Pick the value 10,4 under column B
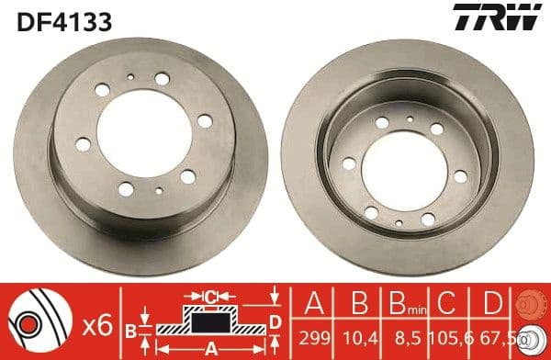(x=354, y=336)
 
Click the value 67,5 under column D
(x=493, y=336)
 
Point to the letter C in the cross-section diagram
(x=211, y=297)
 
